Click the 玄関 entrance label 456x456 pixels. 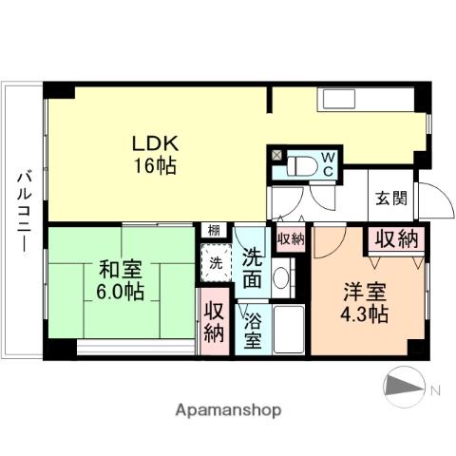[x=389, y=199]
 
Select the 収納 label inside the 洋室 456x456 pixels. [x=395, y=239]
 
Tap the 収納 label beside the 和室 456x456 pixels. [x=214, y=323]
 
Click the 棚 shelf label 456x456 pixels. [x=215, y=231]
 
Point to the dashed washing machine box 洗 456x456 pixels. [x=216, y=262]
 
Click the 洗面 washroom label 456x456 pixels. [x=253, y=268]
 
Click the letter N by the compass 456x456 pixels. [x=435, y=389]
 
